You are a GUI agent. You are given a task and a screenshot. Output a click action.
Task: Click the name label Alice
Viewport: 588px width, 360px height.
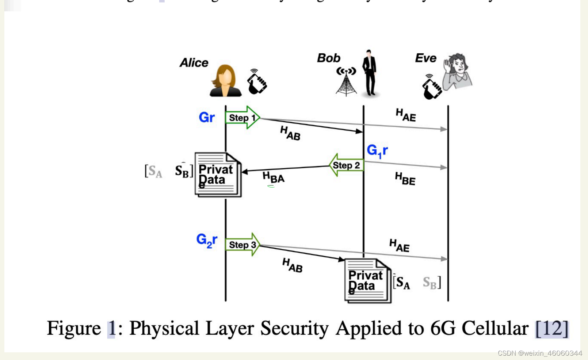pos(194,63)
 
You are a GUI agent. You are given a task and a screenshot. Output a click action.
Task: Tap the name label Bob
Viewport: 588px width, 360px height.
pos(328,58)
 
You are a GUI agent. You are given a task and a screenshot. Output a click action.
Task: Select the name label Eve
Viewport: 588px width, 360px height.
pos(425,58)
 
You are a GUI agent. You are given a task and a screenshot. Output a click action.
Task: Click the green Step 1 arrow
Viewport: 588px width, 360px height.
pos(242,118)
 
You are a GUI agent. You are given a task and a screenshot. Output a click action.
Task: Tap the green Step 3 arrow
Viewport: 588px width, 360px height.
pos(242,245)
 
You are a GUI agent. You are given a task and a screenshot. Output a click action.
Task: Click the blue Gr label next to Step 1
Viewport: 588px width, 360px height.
pos(207,117)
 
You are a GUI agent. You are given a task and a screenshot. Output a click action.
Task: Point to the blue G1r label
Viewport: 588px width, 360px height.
pos(377,150)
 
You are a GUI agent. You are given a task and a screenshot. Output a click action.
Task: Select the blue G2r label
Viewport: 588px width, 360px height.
pos(207,240)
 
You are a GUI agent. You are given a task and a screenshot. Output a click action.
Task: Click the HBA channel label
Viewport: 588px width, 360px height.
pos(273,177)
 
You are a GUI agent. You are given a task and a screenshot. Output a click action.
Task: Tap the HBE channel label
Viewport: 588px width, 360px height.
pos(405,179)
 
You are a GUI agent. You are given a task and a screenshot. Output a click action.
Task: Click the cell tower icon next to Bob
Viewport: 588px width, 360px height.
pos(346,82)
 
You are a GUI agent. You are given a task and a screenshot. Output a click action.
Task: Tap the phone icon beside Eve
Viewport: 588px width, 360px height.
pos(431,87)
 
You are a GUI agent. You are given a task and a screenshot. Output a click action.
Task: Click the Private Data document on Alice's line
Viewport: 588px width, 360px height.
pos(218,175)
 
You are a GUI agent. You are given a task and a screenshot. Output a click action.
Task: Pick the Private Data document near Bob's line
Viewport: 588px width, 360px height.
pos(367,281)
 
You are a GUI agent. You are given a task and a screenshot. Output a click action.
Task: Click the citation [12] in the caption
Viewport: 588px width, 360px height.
pos(551,329)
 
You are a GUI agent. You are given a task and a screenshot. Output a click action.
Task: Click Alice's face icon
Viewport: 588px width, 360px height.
pos(225,81)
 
